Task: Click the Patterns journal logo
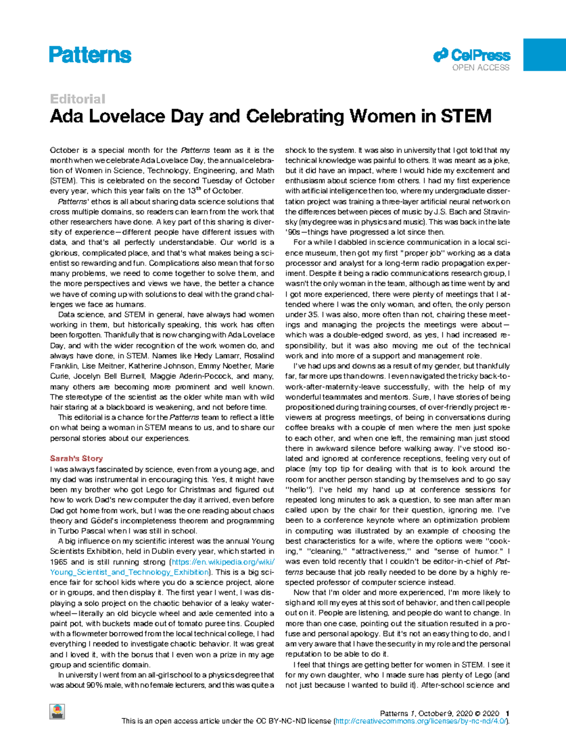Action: pos(90,55)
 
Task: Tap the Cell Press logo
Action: pos(472,56)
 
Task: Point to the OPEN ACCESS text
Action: pos(481,67)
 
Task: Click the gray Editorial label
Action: pos(77,99)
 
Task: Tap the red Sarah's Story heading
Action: pos(76,459)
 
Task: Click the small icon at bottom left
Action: pos(57,711)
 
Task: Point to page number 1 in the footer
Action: pos(507,713)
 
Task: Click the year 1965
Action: pos(59,562)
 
